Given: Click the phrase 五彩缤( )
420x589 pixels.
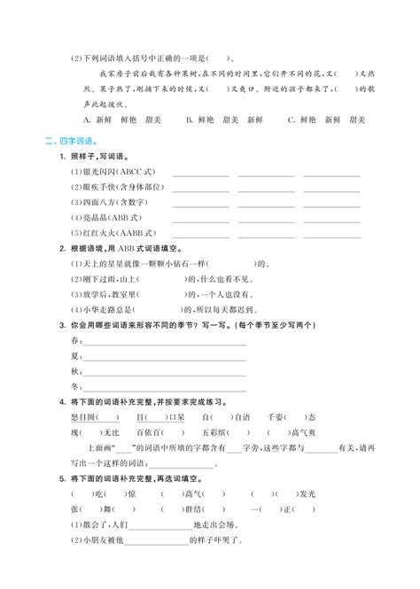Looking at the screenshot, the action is [222, 434].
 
